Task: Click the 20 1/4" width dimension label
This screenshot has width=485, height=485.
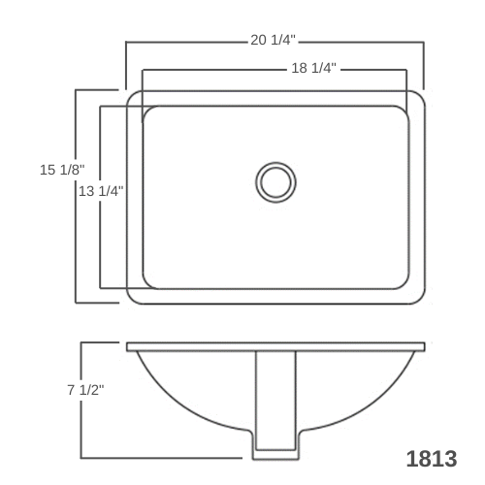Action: click(273, 41)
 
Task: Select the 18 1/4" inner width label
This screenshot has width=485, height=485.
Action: click(313, 69)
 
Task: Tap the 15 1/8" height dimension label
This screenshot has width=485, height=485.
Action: click(61, 170)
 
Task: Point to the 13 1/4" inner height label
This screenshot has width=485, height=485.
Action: click(101, 191)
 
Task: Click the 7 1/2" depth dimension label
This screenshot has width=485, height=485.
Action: click(85, 390)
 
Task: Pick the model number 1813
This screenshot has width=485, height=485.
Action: click(432, 459)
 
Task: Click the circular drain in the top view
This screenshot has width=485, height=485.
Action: click(276, 181)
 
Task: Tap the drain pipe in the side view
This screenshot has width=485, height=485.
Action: click(275, 398)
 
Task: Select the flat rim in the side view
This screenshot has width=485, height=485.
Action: click(275, 346)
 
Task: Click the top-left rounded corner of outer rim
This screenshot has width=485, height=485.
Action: click(132, 97)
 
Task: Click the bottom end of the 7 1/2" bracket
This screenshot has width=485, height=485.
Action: click(81, 457)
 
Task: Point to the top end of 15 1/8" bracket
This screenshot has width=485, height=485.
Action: click(78, 90)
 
